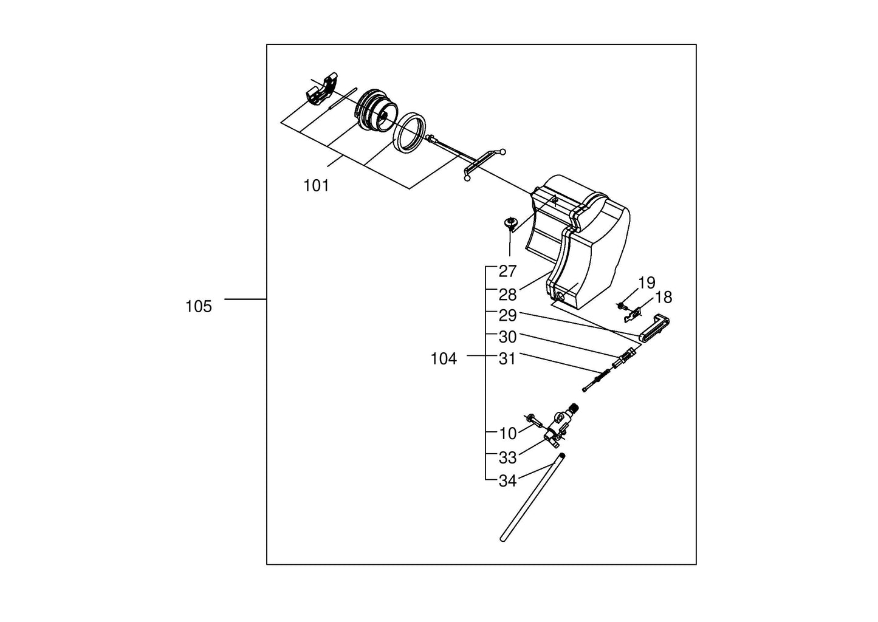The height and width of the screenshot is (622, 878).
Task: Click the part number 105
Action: [x=199, y=307]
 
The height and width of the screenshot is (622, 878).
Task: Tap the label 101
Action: [x=316, y=186]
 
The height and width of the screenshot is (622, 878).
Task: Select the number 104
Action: [x=443, y=359]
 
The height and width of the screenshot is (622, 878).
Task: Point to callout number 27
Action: [x=507, y=272]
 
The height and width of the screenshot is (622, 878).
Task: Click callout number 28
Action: [x=507, y=295]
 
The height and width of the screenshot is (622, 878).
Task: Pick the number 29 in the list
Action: [x=507, y=316]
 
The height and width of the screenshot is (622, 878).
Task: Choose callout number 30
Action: [x=507, y=337]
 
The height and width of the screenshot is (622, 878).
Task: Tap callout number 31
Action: [x=507, y=359]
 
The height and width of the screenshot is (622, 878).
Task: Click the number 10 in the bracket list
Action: [x=507, y=434]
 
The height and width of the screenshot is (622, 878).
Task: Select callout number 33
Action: [x=507, y=457]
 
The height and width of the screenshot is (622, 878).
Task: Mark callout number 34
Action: [x=507, y=481]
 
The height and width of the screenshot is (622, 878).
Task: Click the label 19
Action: [x=646, y=282]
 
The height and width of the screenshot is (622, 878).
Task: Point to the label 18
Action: [x=664, y=298]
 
